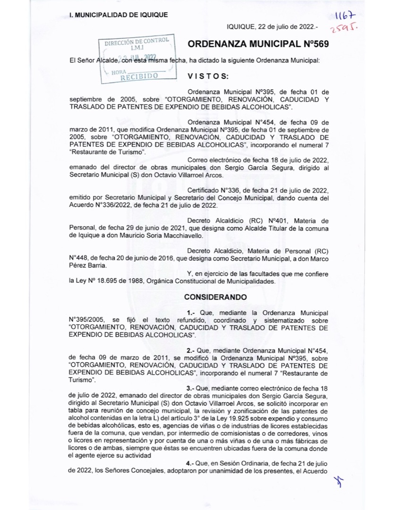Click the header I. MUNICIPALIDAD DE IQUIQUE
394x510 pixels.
[x=118, y=15]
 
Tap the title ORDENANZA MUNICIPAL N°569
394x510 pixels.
[x=258, y=44]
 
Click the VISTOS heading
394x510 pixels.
[x=208, y=76]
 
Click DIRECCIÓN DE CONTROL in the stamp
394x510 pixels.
[x=137, y=42]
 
